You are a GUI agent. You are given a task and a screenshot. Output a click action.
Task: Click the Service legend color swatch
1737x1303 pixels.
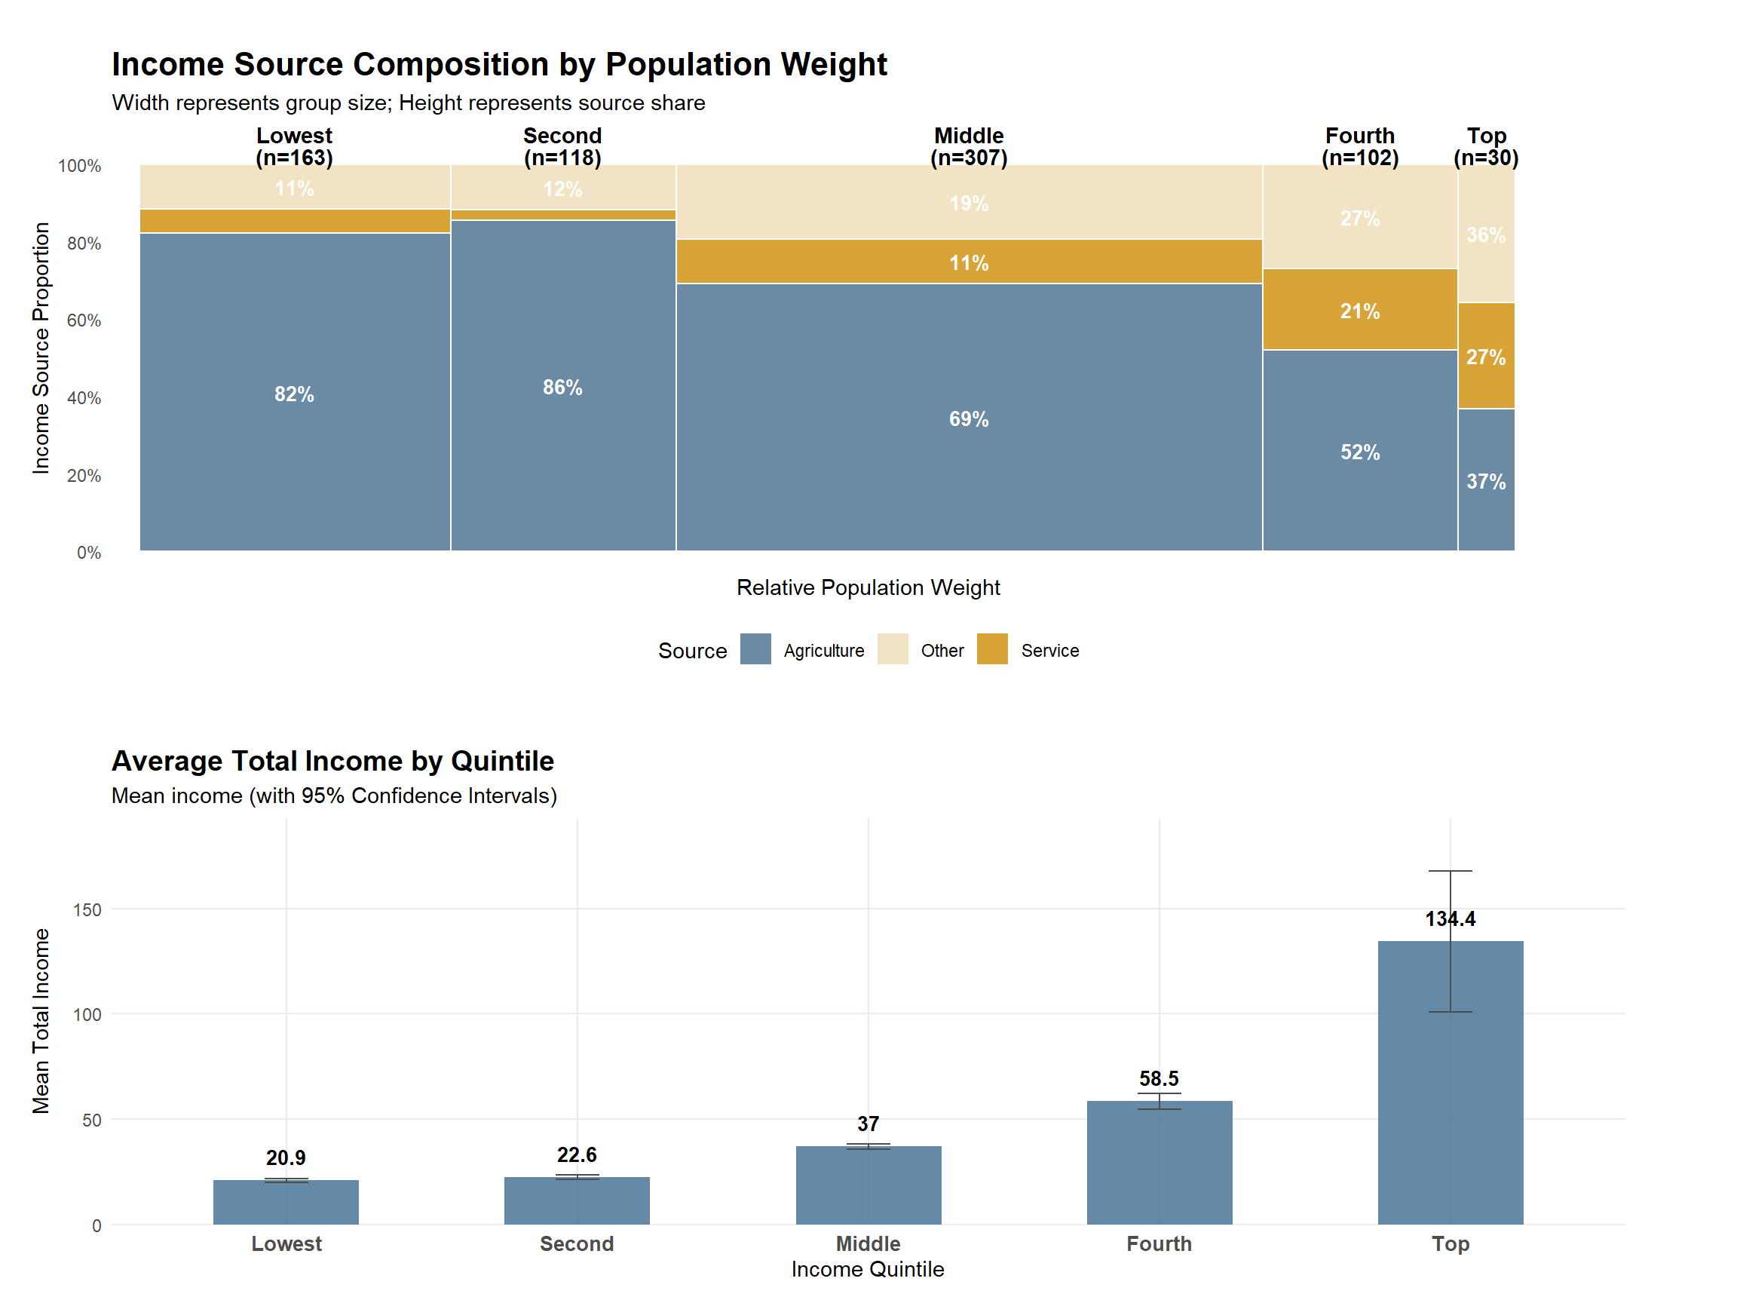coord(992,648)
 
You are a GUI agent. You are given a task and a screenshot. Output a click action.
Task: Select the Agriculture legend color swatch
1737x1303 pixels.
coord(755,648)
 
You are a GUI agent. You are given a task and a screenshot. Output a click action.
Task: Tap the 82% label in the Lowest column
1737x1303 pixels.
coord(294,394)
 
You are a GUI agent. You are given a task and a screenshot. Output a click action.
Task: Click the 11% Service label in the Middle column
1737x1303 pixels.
coord(968,263)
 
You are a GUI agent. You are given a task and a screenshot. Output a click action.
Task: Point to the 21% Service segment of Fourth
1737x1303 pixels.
coord(1359,311)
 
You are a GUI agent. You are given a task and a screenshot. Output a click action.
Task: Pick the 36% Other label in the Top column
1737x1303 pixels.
coord(1486,235)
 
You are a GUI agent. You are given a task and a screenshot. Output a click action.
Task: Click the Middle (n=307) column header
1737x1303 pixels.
coord(968,147)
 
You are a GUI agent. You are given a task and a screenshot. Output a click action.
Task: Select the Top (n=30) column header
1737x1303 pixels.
coord(1486,147)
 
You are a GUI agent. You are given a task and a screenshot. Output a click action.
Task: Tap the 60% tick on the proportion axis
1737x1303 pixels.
coord(84,320)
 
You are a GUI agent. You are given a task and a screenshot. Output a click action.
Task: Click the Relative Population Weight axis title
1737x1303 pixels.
coord(868,587)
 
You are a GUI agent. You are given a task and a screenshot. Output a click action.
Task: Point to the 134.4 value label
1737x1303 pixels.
coord(1450,919)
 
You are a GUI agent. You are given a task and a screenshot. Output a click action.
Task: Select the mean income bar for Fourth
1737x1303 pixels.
coord(1159,1163)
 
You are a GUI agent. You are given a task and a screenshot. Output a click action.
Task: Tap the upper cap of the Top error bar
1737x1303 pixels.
coord(1450,871)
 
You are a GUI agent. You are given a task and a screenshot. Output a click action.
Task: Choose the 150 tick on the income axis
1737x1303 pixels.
coord(87,909)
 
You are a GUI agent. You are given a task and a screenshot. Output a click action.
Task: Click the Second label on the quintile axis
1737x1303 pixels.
coord(577,1244)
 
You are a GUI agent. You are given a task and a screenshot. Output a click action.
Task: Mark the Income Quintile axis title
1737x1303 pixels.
coord(868,1269)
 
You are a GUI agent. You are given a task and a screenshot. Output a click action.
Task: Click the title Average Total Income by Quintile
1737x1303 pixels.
coord(333,761)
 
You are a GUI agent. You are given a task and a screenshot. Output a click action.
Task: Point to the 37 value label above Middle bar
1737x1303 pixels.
coord(868,1124)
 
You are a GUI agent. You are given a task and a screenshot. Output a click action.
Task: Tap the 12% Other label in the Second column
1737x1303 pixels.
coord(562,189)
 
